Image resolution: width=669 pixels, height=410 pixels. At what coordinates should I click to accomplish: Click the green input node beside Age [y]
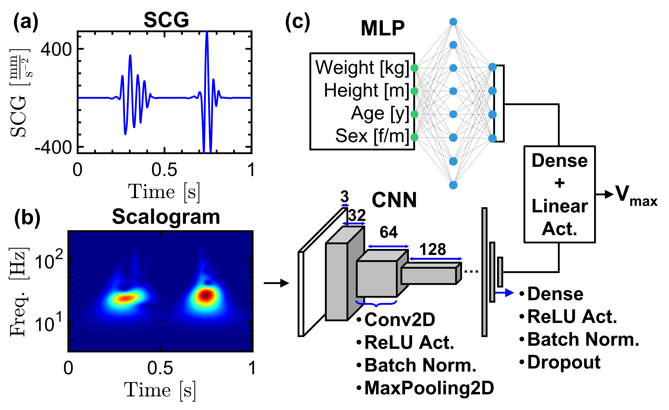[x=414, y=114]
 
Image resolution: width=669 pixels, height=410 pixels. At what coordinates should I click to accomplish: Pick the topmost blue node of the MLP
[x=453, y=21]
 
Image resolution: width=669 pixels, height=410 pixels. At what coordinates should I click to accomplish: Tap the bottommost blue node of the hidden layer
[x=453, y=185]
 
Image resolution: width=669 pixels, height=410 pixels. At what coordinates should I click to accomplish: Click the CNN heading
[x=394, y=200]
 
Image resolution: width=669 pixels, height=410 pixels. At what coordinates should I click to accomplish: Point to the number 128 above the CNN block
[x=433, y=249]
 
